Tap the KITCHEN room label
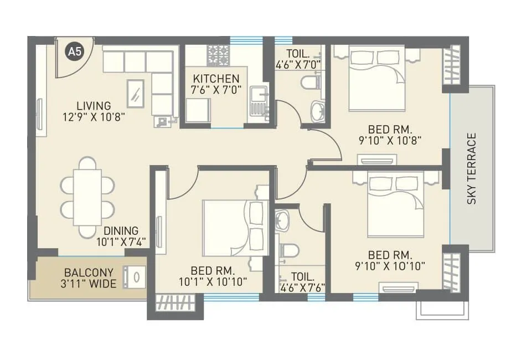coord(216,79)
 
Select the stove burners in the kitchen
coord(217,55)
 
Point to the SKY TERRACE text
coord(472,168)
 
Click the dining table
coord(87,197)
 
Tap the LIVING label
coord(94,105)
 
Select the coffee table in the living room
coord(135,93)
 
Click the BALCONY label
coord(89,273)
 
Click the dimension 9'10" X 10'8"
coord(391,140)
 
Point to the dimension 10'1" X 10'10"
coord(213,282)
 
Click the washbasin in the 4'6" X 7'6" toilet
coord(282,221)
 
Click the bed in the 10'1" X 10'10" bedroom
coord(233,227)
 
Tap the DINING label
coord(121,231)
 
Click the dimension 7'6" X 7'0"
coord(216,90)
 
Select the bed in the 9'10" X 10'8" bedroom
coord(377,78)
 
